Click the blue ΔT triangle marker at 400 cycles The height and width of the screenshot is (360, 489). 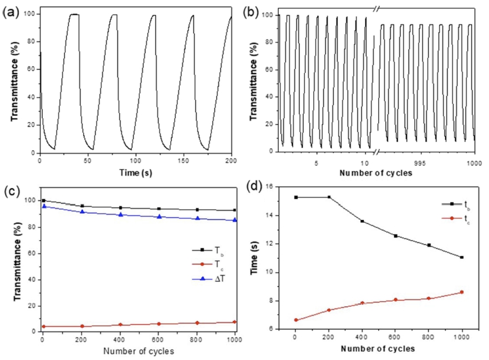[x=120, y=215]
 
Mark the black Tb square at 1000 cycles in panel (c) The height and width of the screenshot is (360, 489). [x=235, y=210]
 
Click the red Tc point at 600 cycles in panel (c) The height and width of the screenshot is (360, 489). [x=159, y=324]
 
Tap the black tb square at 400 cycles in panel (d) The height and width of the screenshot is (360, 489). [x=363, y=221]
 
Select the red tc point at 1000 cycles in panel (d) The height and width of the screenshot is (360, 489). [x=462, y=292]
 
